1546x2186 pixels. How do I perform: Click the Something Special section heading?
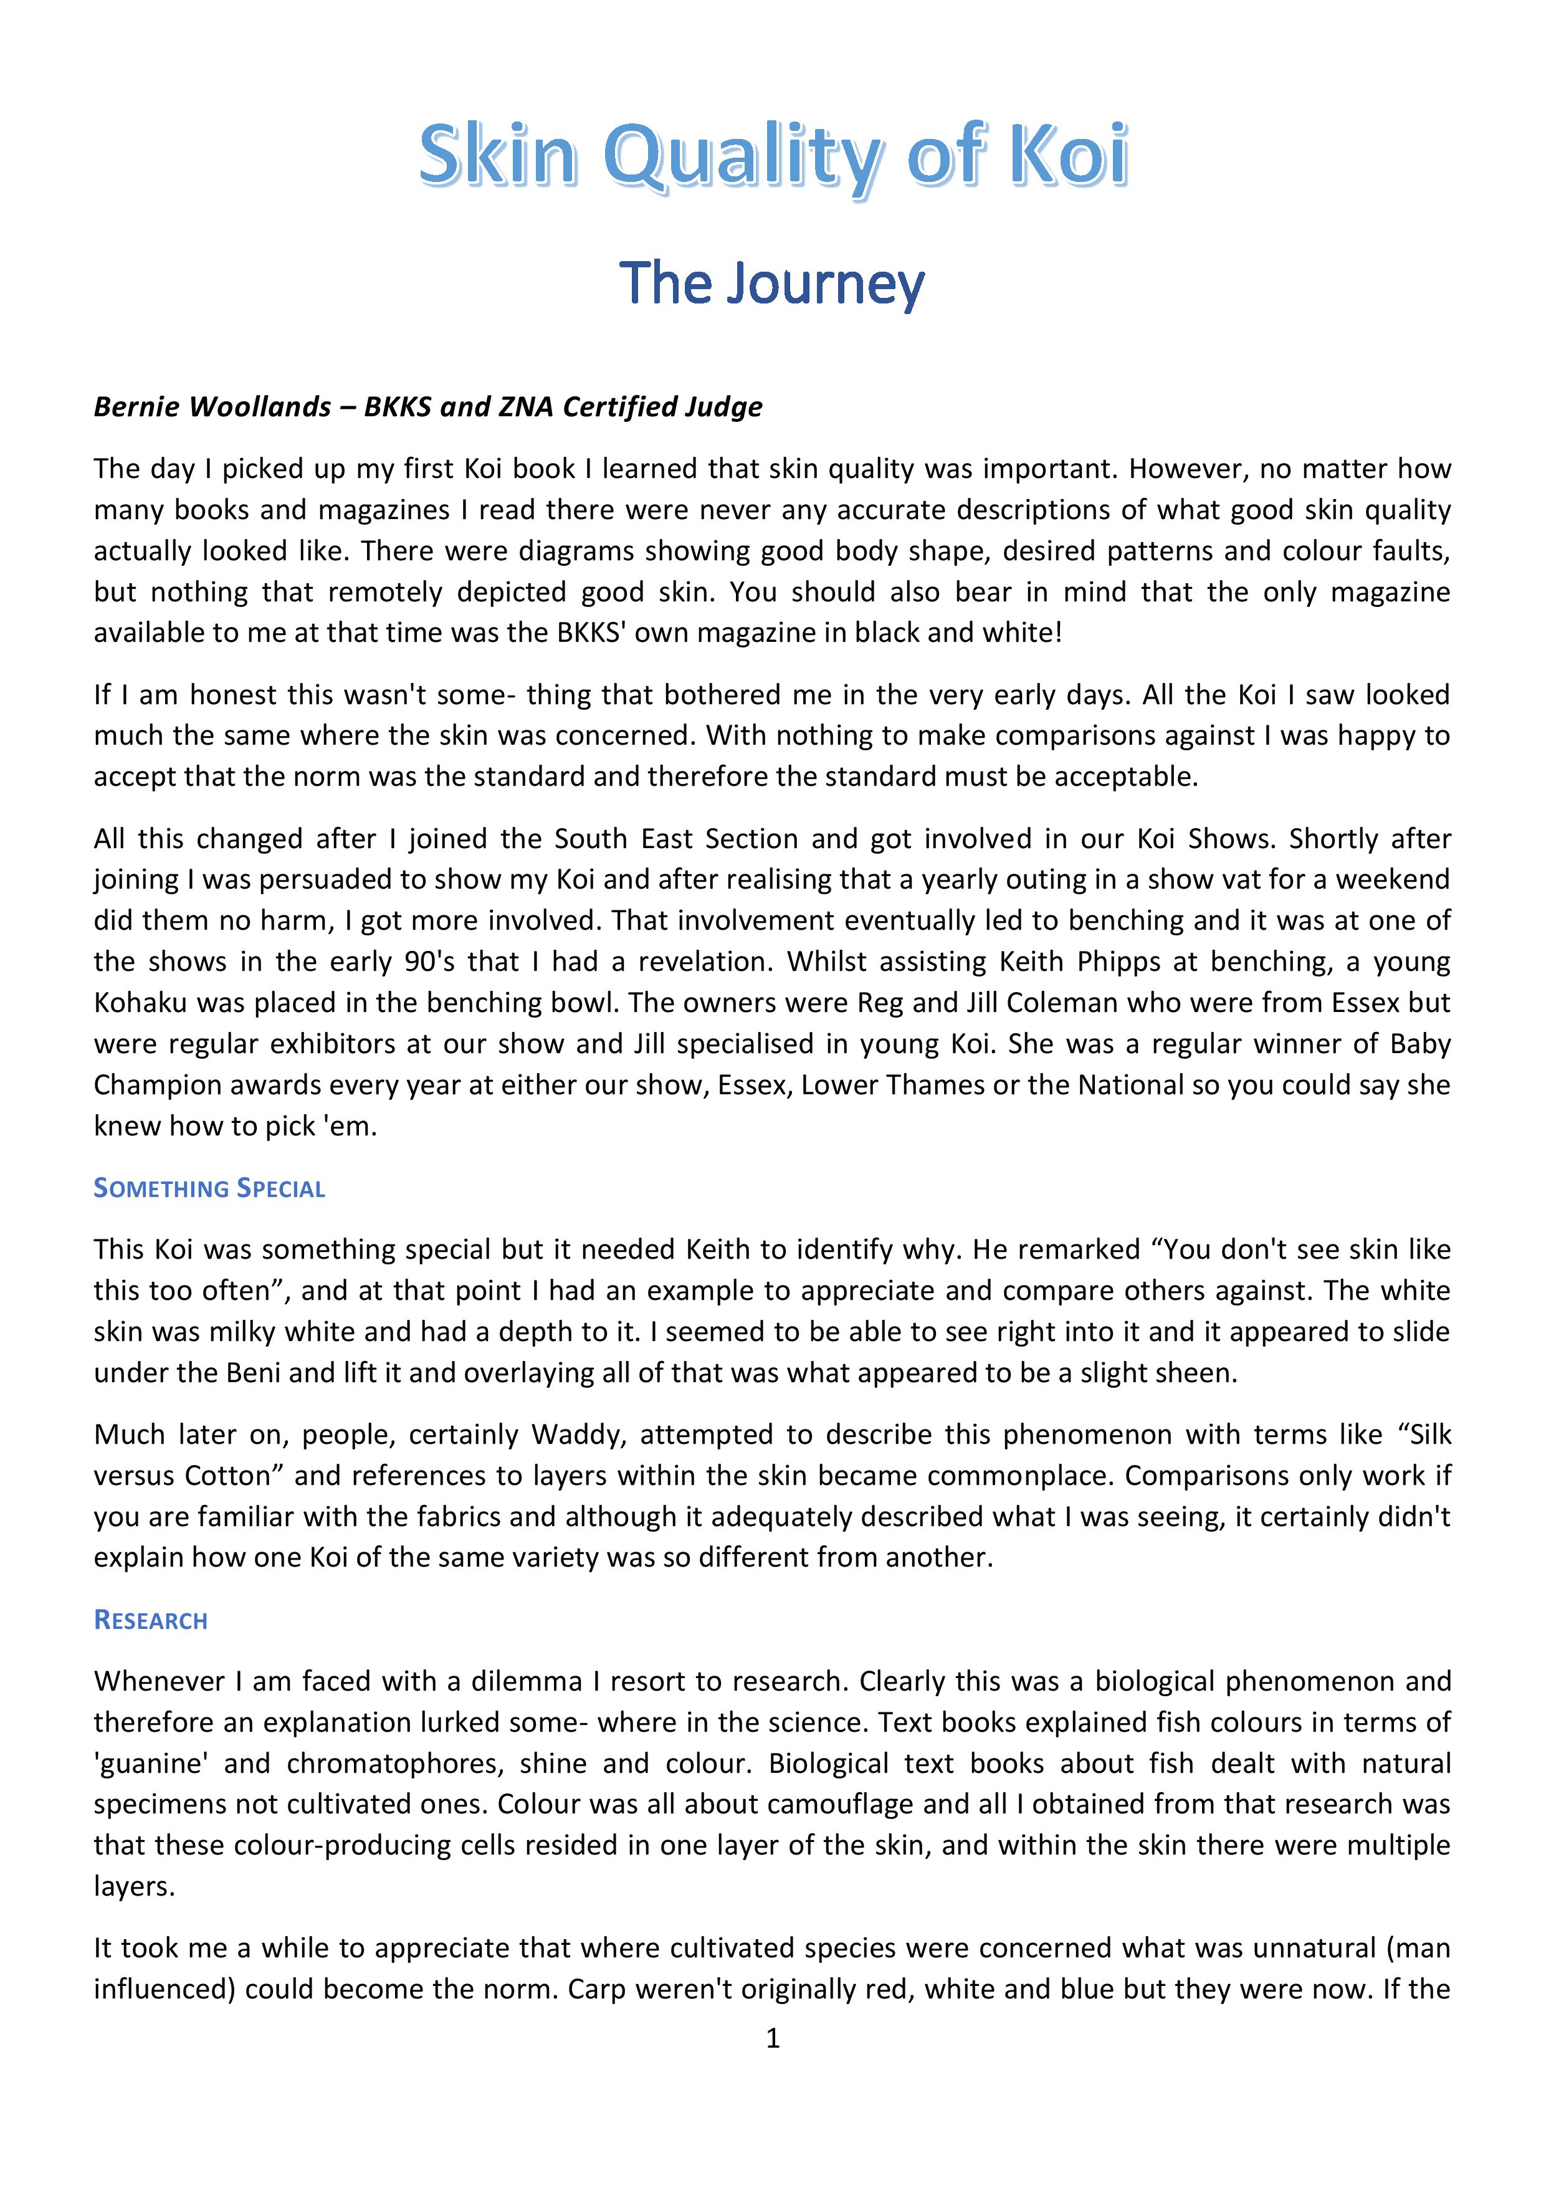point(209,1188)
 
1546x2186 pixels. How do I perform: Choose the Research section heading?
point(150,1620)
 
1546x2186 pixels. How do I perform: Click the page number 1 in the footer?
point(772,2038)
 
